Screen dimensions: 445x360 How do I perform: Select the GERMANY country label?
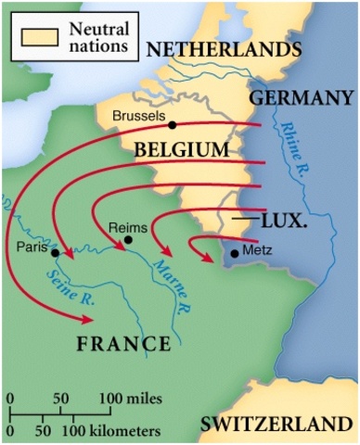tap(302, 97)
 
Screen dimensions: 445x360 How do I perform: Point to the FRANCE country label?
tap(123, 344)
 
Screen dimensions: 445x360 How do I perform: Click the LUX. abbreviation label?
tap(282, 222)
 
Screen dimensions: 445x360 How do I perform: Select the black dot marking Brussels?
tap(171, 124)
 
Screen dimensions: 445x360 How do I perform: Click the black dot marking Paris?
tap(56, 252)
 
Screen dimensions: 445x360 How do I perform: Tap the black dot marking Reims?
tap(129, 239)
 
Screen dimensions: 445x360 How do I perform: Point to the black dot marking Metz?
tap(234, 251)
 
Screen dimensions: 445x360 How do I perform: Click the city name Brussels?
tap(138, 117)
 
